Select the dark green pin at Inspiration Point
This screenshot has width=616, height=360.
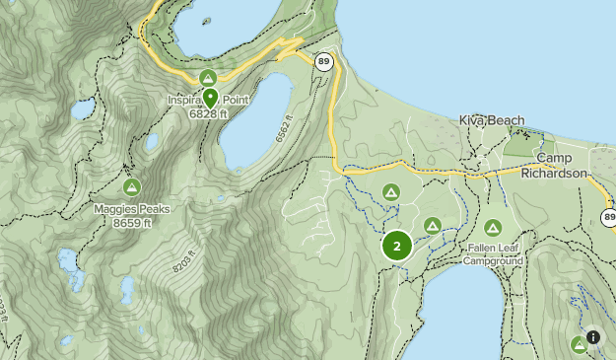[x=210, y=97]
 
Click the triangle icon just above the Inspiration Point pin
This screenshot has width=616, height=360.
[x=207, y=77]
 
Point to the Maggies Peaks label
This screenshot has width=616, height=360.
[x=132, y=209]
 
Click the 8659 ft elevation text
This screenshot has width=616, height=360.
[x=132, y=222]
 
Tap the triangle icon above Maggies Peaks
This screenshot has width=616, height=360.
[x=131, y=187]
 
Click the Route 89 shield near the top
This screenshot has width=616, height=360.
[x=324, y=61]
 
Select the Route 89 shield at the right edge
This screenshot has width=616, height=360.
[x=608, y=217]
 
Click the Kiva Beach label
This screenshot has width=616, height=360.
[x=492, y=120]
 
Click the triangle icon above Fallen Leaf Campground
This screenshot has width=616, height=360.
[x=493, y=228]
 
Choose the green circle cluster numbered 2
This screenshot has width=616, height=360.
[x=397, y=246]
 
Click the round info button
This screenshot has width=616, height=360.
[x=593, y=337]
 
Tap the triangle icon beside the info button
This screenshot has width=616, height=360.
[x=579, y=344]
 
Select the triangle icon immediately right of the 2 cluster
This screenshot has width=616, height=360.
[x=432, y=227]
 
